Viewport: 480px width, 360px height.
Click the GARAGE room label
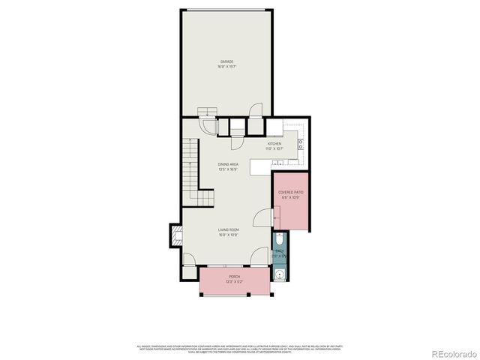(226, 61)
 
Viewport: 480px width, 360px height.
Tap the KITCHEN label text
(274, 143)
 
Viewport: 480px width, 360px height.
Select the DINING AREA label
(228, 164)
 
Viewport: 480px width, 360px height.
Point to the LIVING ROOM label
(228, 229)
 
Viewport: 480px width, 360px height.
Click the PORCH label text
(234, 277)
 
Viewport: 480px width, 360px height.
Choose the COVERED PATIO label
(291, 193)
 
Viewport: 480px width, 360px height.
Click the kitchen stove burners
(301, 142)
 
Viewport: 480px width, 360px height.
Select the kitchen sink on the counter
(274, 124)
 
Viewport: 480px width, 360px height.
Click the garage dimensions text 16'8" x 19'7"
(226, 66)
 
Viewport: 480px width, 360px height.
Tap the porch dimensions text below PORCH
(234, 281)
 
